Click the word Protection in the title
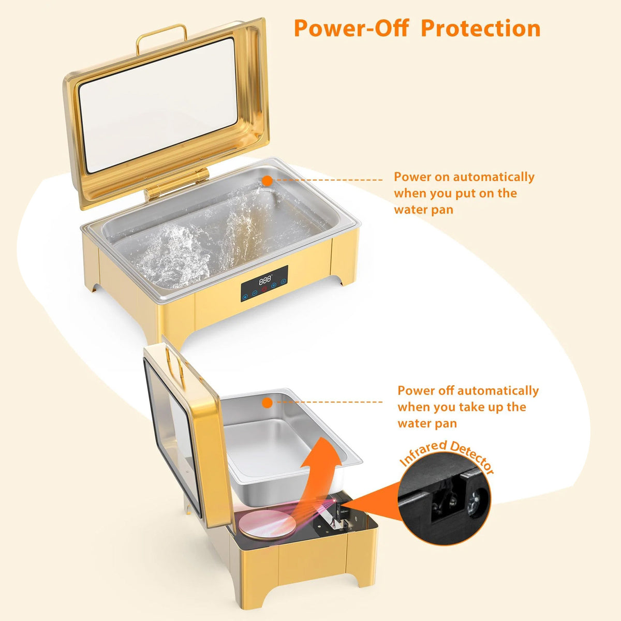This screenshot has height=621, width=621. tap(480, 28)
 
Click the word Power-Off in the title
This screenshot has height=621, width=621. tap(351, 28)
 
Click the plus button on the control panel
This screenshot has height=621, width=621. tap(274, 285)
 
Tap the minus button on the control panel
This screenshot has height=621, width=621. tap(255, 293)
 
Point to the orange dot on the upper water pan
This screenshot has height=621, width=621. tap(267, 181)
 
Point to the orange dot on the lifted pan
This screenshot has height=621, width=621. tap(267, 403)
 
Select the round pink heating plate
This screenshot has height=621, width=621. tap(268, 523)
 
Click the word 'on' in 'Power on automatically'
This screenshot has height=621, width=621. tap(442, 177)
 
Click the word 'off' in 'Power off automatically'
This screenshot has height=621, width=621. tap(447, 391)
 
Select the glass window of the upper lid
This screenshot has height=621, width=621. tap(158, 105)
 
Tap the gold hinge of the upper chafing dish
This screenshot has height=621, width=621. tap(176, 183)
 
